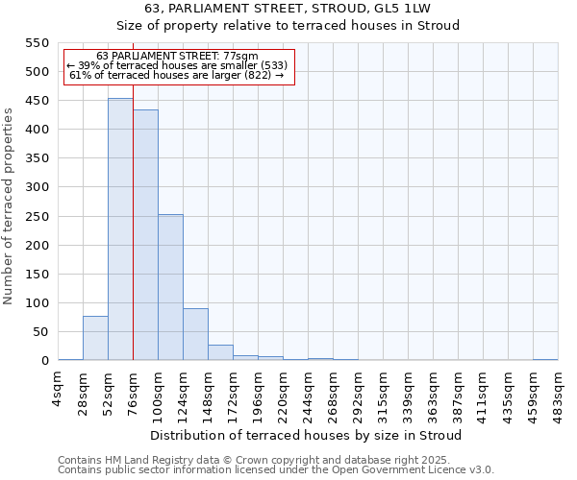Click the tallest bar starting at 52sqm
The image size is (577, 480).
[120, 229]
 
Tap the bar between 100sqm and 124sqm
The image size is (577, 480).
[170, 287]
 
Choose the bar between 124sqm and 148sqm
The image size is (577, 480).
[195, 334]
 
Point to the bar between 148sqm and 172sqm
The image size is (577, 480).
[220, 352]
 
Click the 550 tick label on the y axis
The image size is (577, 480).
[37, 43]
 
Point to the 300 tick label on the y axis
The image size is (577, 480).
[37, 187]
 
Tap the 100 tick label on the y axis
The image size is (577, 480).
[37, 303]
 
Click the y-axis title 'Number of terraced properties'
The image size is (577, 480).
[9, 205]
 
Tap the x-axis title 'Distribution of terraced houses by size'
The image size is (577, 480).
[306, 435]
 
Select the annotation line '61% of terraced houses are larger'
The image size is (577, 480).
[177, 75]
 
